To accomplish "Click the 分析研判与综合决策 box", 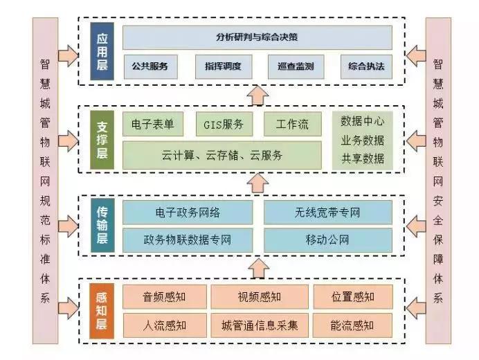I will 257,37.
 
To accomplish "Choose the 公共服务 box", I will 150,67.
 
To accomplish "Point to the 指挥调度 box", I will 222,67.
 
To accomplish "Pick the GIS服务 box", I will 224,125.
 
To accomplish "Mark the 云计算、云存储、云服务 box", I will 222,155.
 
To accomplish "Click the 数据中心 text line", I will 363,120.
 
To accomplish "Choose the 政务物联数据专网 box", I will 188,241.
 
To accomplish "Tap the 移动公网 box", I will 327,241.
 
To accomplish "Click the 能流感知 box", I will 353,325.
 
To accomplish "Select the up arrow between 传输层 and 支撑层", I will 257,183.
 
